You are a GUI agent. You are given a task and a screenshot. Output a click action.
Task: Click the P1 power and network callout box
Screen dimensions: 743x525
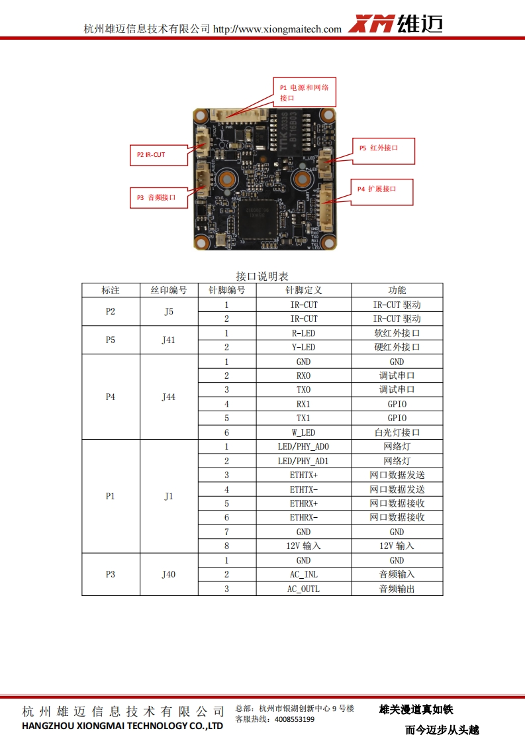click(305, 92)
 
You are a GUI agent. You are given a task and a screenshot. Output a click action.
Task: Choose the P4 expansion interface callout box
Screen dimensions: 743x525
click(381, 191)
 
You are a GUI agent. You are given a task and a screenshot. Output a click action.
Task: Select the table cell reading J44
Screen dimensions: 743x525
click(169, 397)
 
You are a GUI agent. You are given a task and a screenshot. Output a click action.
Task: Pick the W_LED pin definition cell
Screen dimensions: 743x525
click(303, 432)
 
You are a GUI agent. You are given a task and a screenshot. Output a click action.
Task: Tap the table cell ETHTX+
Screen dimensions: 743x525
click(303, 475)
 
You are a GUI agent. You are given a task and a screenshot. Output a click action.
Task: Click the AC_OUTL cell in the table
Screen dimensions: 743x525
click(303, 589)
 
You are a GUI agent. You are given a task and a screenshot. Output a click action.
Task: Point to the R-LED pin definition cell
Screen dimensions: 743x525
click(303, 333)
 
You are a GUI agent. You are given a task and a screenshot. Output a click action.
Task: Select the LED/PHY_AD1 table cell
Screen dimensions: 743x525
click(303, 461)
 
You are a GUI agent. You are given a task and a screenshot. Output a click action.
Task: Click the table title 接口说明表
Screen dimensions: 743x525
click(262, 276)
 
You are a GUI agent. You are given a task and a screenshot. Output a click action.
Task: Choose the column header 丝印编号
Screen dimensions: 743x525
click(169, 290)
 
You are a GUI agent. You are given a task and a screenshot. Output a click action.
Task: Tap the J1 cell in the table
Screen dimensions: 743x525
click(169, 496)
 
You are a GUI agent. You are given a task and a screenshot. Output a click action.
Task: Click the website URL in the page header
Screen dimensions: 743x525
click(277, 29)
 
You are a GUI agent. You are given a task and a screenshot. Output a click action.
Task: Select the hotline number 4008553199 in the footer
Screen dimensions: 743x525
click(294, 719)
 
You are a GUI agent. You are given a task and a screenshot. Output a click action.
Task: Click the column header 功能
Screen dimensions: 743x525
click(397, 290)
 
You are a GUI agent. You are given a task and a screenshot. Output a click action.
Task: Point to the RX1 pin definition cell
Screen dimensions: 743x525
click(303, 404)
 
